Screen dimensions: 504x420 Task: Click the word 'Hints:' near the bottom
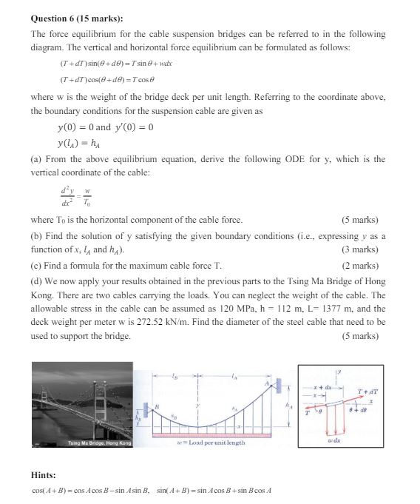point(44,475)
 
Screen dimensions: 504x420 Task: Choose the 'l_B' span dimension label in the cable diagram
point(175,377)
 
